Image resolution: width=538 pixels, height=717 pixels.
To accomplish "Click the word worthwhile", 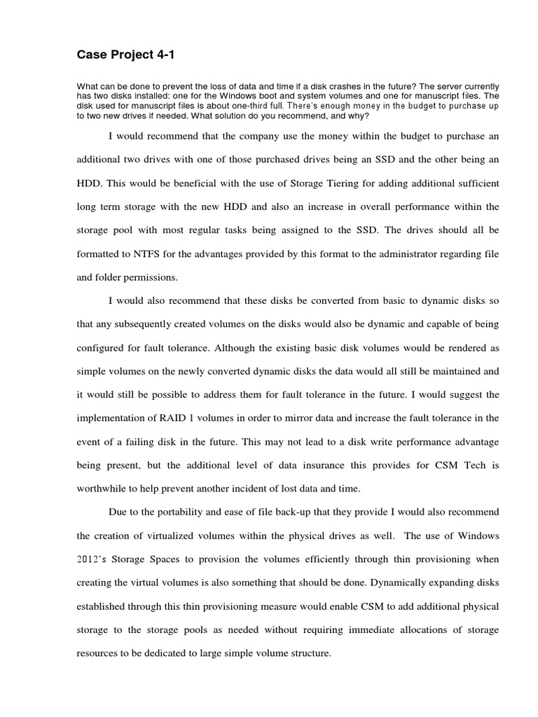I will (102, 487).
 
